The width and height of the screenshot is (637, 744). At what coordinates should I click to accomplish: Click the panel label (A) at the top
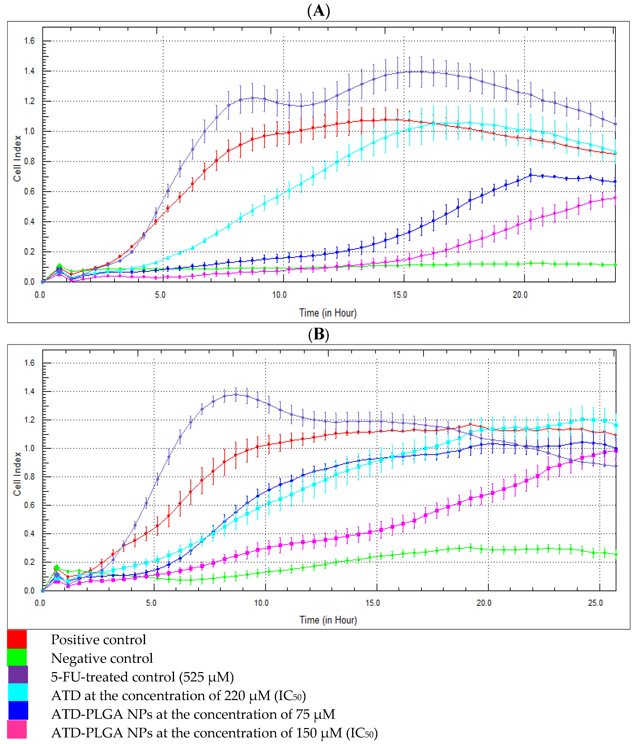[318, 11]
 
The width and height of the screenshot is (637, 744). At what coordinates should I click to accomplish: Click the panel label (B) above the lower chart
[318, 334]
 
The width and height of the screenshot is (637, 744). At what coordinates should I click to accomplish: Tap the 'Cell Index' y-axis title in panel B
[17, 474]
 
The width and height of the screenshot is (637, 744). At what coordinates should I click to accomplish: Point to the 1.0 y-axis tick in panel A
[29, 131]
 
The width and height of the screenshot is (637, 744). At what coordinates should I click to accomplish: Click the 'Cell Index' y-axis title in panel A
[17, 158]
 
